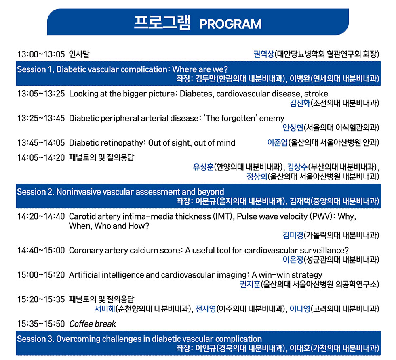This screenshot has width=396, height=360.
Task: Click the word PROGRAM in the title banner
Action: click(x=230, y=24)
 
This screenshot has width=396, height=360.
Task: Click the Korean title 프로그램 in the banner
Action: click(x=162, y=23)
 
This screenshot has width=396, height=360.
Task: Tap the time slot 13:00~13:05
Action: click(x=41, y=54)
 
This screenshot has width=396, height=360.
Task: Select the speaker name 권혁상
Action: click(x=263, y=54)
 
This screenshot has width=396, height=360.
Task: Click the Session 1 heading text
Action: click(x=122, y=69)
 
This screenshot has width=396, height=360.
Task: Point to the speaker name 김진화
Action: click(x=300, y=103)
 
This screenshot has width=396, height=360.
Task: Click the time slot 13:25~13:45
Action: click(x=41, y=118)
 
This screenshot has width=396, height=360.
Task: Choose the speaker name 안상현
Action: click(x=293, y=128)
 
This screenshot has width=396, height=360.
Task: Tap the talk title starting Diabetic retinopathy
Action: click(x=152, y=143)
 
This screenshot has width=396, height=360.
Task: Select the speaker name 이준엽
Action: click(x=277, y=142)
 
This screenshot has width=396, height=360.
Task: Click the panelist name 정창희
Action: click(x=257, y=176)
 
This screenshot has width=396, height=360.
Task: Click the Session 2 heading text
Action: click(x=120, y=192)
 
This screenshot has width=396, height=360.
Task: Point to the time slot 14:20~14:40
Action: click(x=41, y=216)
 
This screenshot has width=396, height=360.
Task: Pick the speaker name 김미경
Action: click(x=293, y=235)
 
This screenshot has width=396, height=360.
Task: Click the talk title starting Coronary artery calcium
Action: click(x=209, y=250)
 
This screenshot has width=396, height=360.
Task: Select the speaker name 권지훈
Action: click(x=250, y=284)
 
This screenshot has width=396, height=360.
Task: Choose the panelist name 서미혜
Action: click(x=105, y=308)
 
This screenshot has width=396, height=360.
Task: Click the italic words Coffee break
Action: click(x=93, y=324)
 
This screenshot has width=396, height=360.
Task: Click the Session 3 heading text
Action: click(x=139, y=339)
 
